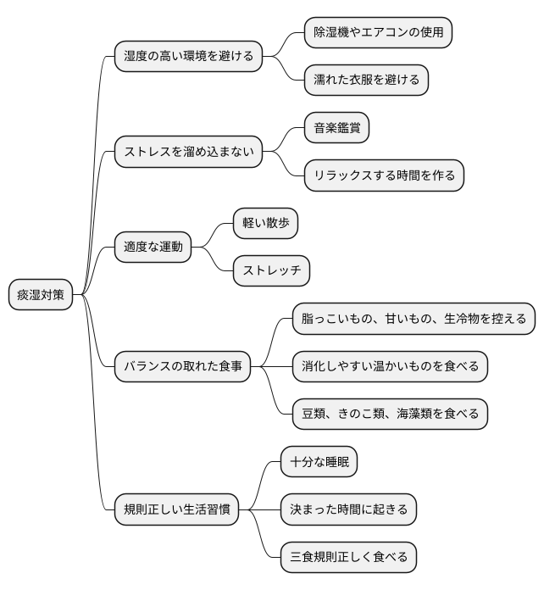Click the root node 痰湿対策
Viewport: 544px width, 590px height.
click(x=41, y=295)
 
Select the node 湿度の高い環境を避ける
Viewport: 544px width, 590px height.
click(x=188, y=57)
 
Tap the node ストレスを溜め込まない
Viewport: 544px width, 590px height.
click(x=187, y=153)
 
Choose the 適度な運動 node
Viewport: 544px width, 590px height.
click(x=153, y=248)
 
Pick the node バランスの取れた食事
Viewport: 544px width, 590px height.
click(x=183, y=366)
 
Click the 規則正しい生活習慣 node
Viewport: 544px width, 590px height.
click(x=176, y=510)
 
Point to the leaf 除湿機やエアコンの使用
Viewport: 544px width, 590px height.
click(x=378, y=32)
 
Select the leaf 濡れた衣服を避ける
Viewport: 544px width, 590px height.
click(x=366, y=81)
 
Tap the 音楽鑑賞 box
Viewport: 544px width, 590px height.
click(x=336, y=128)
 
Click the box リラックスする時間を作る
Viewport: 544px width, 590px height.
click(x=384, y=176)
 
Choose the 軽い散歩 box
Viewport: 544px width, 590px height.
click(x=265, y=224)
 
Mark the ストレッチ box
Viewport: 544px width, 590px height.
click(x=271, y=271)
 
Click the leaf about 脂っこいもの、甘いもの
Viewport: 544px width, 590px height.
click(x=414, y=319)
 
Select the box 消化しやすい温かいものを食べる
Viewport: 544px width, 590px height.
click(x=390, y=366)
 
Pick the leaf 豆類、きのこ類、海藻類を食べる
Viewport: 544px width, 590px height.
click(x=390, y=414)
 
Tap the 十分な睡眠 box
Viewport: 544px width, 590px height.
click(x=319, y=462)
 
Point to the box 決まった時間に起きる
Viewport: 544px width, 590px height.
click(x=348, y=509)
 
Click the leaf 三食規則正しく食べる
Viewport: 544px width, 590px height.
click(x=348, y=557)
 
